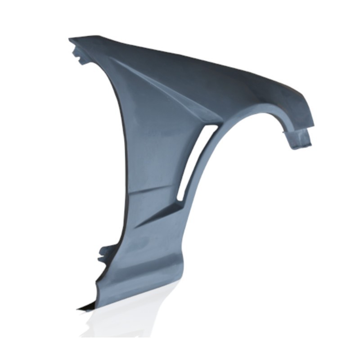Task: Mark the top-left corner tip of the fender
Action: [70, 40]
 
